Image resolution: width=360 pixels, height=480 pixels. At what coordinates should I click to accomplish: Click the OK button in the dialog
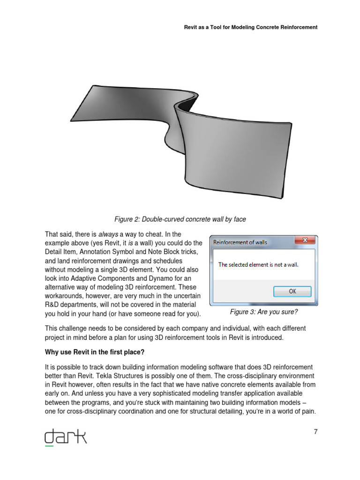292,291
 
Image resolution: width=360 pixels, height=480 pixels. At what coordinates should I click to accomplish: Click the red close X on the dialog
305,240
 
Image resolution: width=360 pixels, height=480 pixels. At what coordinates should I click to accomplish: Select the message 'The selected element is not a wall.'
258,264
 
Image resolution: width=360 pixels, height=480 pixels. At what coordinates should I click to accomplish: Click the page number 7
316,432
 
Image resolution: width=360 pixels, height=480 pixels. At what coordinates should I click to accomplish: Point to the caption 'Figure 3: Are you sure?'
264,312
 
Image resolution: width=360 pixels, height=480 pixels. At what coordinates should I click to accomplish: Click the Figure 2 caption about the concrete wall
180,219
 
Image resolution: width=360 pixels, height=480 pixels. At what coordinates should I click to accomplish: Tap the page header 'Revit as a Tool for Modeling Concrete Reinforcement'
251,27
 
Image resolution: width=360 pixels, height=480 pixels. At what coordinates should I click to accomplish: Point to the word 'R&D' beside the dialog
52,305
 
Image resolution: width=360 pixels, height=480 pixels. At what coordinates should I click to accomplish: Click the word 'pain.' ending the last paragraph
307,411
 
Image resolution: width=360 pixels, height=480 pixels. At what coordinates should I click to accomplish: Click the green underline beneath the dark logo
49,446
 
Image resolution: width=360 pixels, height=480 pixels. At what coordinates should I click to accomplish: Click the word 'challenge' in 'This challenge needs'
75,328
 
